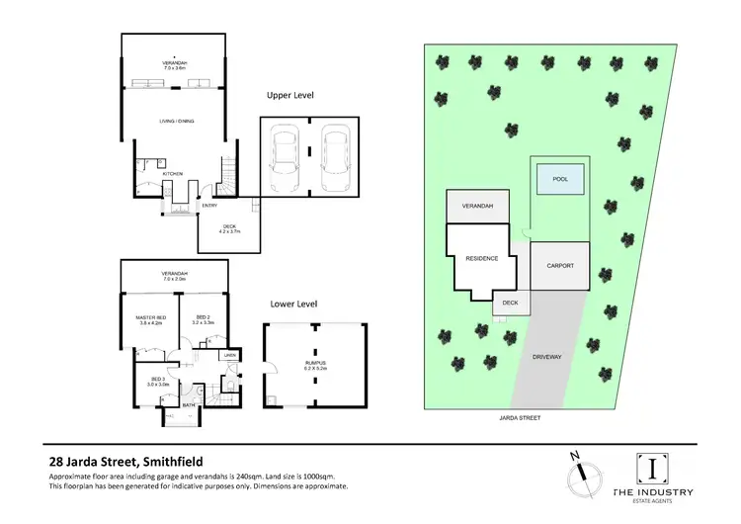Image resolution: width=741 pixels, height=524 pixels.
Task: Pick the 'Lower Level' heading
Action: (292, 305)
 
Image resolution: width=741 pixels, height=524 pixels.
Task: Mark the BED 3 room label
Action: (158, 381)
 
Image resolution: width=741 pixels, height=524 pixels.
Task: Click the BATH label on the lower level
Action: (188, 404)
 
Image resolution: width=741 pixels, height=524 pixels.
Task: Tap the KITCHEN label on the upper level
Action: (174, 174)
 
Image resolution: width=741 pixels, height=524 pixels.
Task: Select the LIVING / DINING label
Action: (178, 121)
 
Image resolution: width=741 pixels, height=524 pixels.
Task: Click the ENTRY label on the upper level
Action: (208, 206)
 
